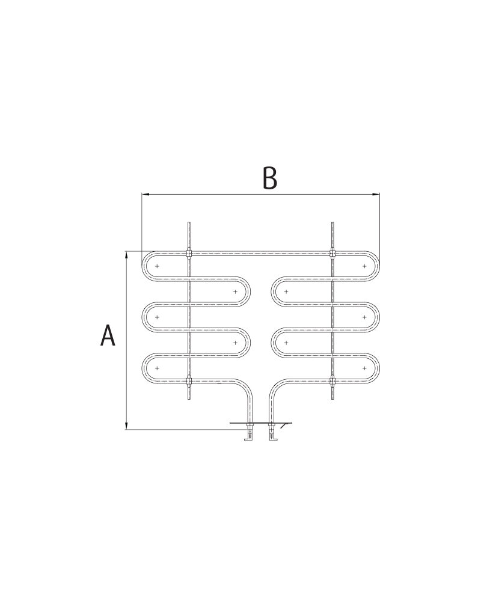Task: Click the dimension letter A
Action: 108,335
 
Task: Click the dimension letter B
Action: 270,178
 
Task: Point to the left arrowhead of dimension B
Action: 145,194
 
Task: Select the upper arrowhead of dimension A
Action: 126,255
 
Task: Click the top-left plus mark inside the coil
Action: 157,266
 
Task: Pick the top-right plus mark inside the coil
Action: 364,266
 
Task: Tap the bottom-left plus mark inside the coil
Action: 157,368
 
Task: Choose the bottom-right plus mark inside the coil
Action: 364,368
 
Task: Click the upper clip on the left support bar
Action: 189,252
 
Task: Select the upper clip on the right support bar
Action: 332,252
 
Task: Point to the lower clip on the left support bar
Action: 189,380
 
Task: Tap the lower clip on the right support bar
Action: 332,380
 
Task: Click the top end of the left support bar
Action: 189,224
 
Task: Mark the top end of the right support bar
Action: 332,224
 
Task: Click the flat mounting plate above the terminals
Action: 260,424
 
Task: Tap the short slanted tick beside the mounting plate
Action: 283,427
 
